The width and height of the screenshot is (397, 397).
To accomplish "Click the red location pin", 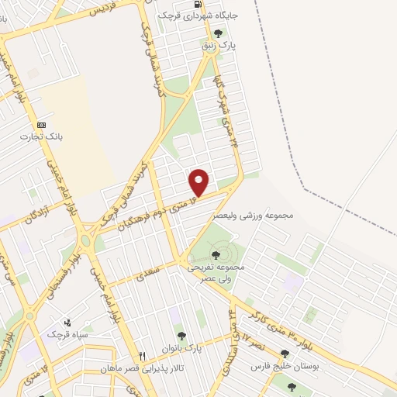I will point(199,182).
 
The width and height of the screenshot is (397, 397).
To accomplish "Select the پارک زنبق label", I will point(219,46).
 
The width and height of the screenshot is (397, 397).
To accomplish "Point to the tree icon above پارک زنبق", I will point(218,34).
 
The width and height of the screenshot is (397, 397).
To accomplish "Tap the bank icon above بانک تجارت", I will point(41,125).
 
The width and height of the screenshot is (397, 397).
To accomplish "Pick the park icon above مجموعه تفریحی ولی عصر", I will point(216,254).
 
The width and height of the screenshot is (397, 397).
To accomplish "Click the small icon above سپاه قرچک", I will point(68,323).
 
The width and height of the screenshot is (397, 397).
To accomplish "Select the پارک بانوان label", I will point(183,348).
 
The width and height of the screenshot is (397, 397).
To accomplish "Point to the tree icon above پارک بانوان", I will point(181,336).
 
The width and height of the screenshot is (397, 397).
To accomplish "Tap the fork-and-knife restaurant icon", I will point(142,355).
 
